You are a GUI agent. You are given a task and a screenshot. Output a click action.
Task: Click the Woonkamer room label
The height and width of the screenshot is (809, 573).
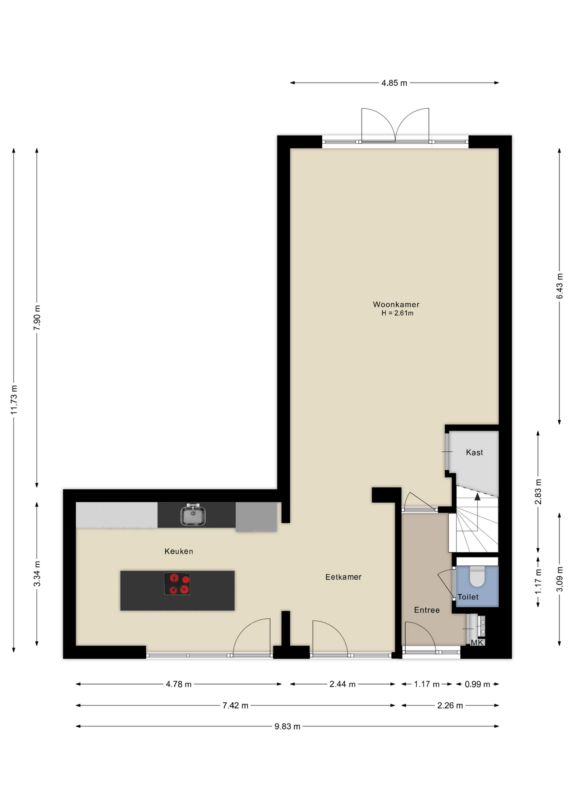click(x=396, y=304)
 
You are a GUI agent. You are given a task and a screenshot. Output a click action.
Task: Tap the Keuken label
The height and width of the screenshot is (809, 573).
click(x=178, y=551)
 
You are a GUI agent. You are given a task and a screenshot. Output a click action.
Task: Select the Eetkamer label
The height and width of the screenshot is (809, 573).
click(x=343, y=577)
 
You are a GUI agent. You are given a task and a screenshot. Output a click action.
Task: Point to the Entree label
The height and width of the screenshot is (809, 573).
click(x=427, y=610)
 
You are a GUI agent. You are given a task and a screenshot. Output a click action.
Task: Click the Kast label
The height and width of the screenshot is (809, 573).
click(x=474, y=452)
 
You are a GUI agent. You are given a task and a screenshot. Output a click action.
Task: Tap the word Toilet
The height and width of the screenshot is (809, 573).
click(x=468, y=597)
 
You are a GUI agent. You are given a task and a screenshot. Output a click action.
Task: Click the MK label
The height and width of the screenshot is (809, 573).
click(x=477, y=643)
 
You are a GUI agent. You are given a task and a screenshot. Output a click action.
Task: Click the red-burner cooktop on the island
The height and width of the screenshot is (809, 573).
click(x=177, y=584)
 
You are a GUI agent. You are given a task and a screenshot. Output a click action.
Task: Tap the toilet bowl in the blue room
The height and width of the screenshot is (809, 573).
click(x=477, y=576)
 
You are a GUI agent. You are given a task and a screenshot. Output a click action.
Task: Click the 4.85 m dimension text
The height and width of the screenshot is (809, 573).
click(x=394, y=83)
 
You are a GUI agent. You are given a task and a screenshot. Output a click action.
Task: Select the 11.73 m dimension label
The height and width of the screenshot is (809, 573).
click(x=14, y=399)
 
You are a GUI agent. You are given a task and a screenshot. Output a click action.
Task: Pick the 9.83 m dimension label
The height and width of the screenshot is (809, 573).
click(x=287, y=726)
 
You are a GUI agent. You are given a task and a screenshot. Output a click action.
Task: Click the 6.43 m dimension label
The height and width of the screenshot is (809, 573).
click(x=559, y=286)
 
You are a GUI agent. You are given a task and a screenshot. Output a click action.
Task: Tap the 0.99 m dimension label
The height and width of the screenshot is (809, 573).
click(x=477, y=684)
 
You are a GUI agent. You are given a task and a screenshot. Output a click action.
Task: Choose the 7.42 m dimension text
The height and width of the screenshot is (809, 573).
click(x=235, y=705)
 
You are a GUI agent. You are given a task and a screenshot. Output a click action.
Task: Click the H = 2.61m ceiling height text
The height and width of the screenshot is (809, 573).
click(x=397, y=313)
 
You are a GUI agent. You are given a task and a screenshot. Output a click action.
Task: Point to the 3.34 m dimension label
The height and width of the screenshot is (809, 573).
click(x=37, y=573)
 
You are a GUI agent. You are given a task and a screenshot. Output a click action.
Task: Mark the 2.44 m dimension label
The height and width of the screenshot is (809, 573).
click(x=342, y=684)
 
